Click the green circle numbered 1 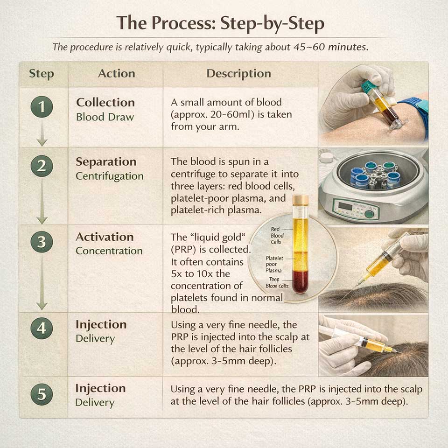point(42,107)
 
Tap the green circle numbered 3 point(42,242)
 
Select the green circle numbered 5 point(42,395)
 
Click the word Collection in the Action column point(105,102)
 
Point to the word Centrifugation point(109,176)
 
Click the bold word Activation point(105,237)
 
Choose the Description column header point(238,74)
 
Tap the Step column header point(42,74)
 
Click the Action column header point(116,74)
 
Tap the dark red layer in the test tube point(300,280)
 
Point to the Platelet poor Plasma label point(274,264)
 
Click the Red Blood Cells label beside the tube point(277,236)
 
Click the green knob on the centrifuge point(369,214)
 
